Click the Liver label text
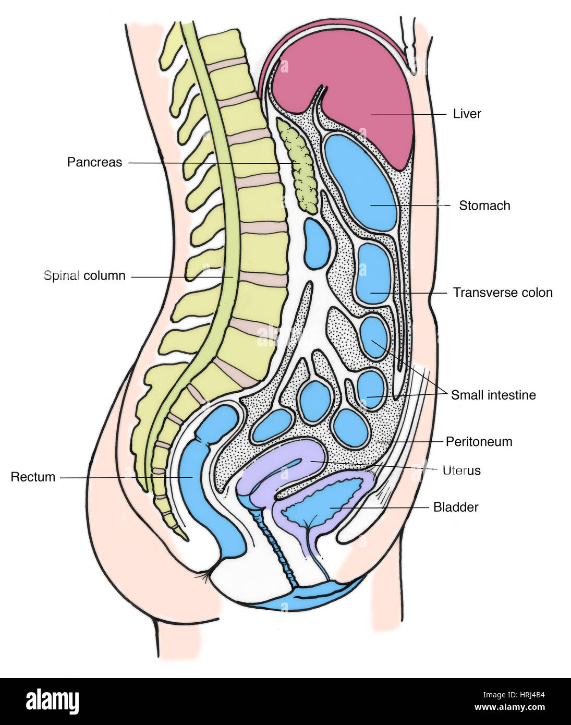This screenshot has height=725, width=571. [467, 114]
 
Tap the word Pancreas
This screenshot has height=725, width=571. [94, 162]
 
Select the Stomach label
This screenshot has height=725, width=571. [484, 206]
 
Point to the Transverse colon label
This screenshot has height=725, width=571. [502, 293]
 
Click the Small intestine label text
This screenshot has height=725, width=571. [493, 395]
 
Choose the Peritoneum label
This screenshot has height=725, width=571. [479, 442]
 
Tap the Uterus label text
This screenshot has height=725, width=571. [461, 470]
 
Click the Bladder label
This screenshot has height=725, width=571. [456, 507]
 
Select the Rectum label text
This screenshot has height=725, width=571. [33, 477]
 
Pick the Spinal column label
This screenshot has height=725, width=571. [84, 275]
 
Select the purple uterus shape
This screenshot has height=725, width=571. [292, 459]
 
